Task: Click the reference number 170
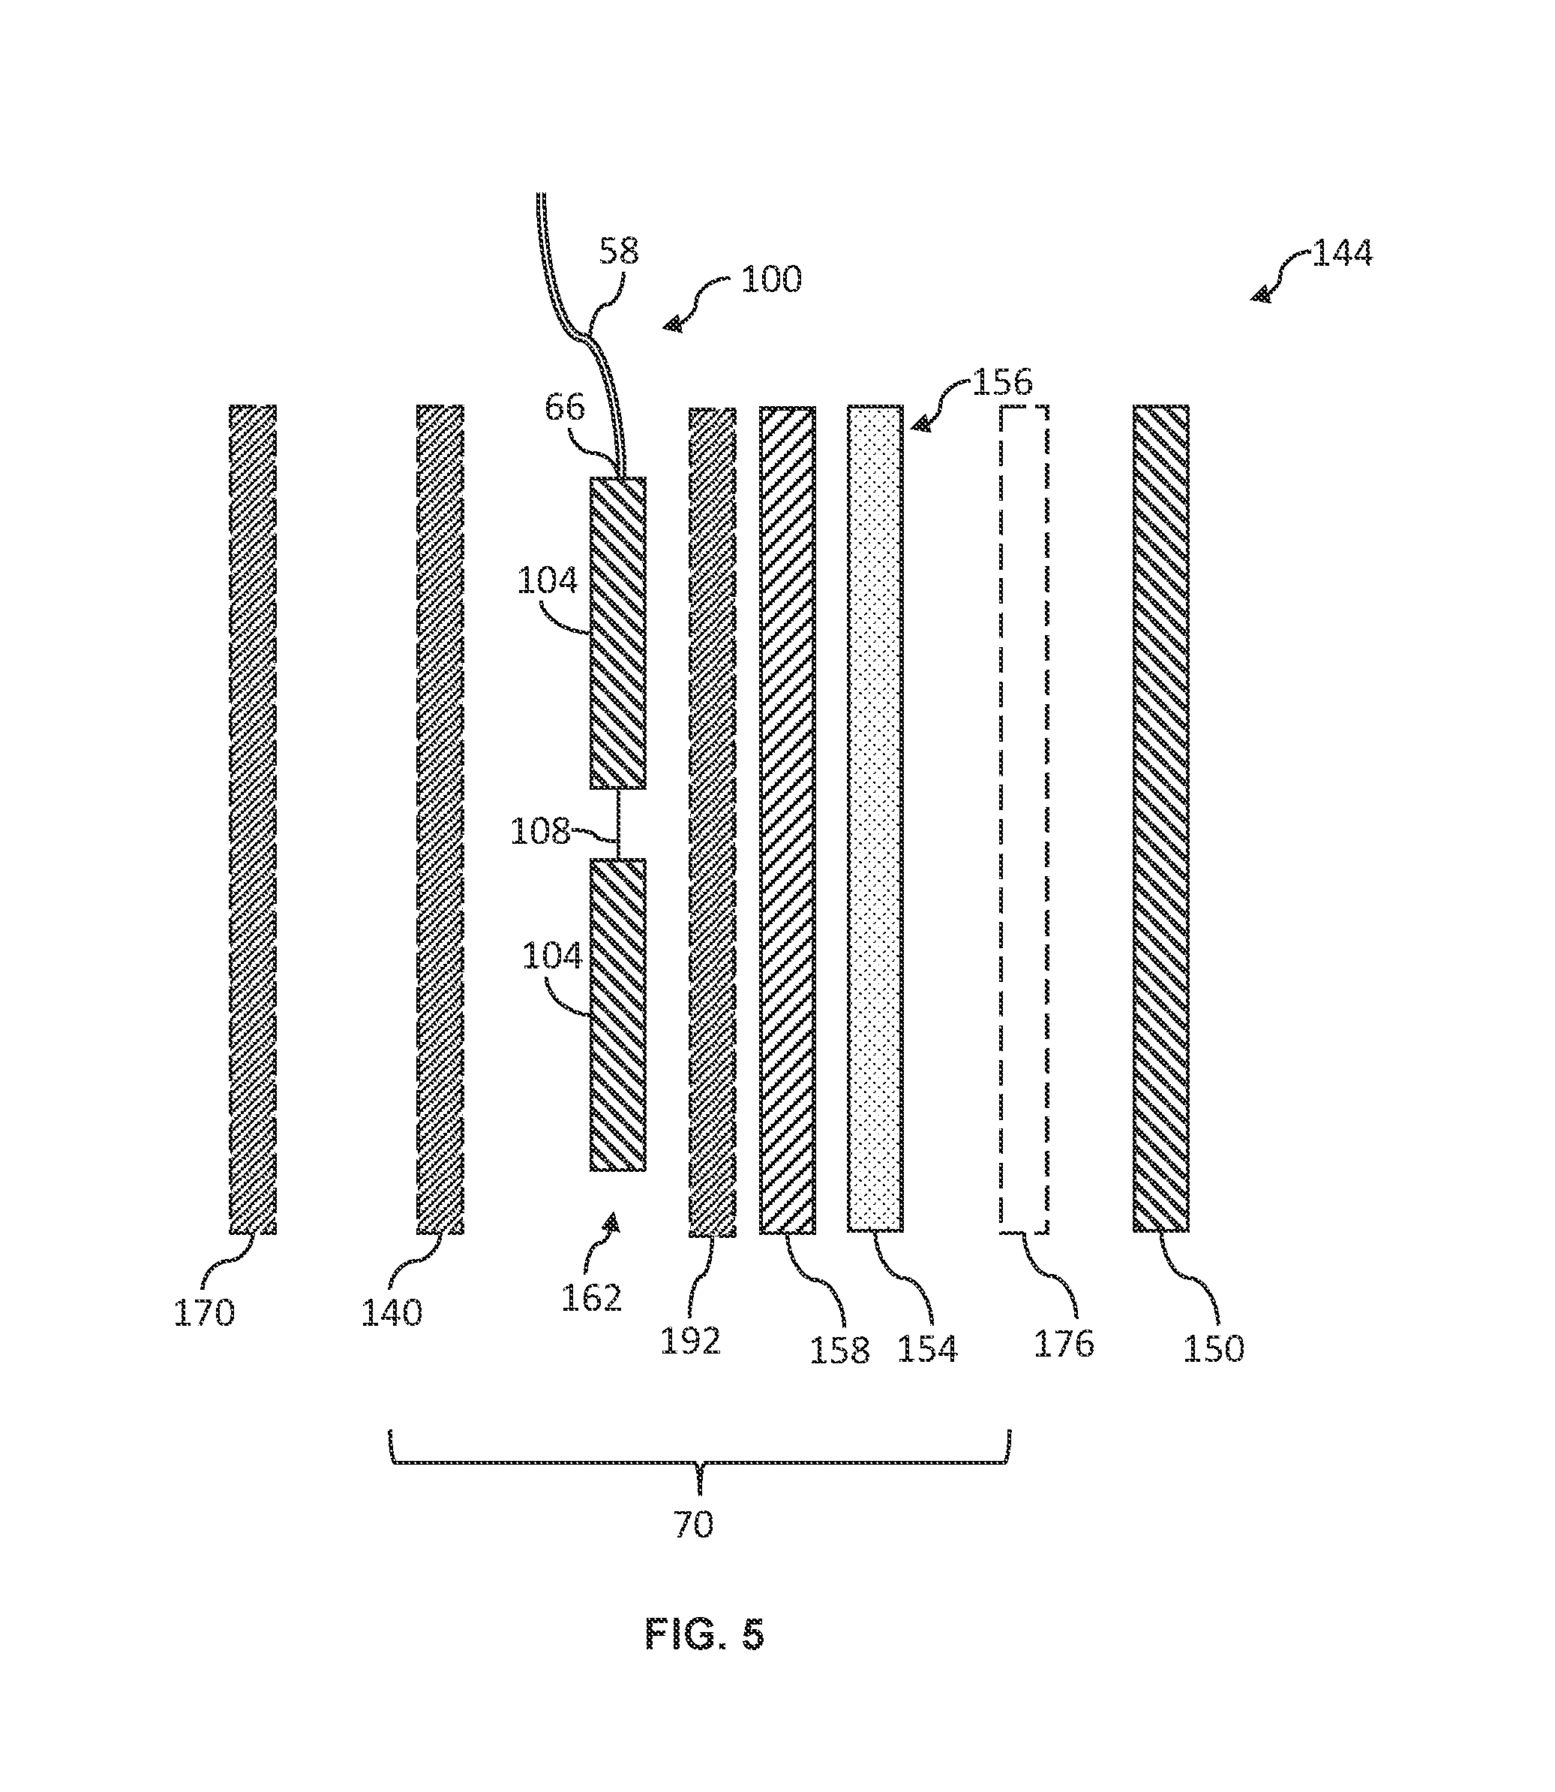(205, 1313)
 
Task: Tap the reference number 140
(392, 1313)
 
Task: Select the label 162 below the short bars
(592, 1298)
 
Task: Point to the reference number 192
(691, 1342)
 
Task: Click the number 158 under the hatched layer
(840, 1350)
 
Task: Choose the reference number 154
(926, 1348)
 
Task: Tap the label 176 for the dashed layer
(1064, 1343)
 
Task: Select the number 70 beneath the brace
(694, 1524)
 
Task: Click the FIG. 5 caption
(704, 1635)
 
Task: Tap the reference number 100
(771, 279)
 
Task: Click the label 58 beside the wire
(620, 251)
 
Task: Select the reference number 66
(565, 406)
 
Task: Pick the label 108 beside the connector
(541, 831)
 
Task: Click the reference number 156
(1002, 382)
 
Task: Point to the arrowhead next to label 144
(1261, 294)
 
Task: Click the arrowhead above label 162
(613, 1221)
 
